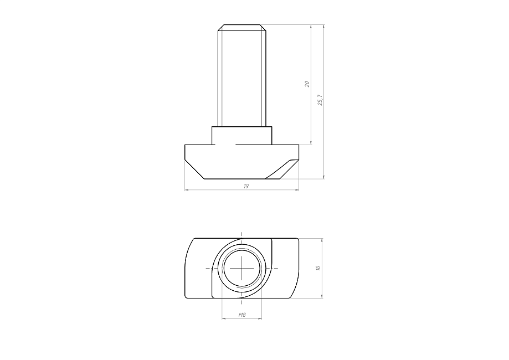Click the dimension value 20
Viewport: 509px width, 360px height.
[x=307, y=84]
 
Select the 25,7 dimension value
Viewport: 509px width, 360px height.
[x=320, y=100]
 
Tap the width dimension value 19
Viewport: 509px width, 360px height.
[x=246, y=186]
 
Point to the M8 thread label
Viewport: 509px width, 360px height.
[x=242, y=315]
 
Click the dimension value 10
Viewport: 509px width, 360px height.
[x=318, y=268]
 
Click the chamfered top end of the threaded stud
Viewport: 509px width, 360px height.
[x=242, y=28]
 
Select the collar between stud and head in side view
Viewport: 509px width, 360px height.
[x=242, y=136]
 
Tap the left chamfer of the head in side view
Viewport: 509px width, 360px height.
[x=194, y=169]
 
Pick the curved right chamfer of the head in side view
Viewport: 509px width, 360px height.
[x=282, y=169]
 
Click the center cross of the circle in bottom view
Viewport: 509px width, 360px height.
[x=242, y=268]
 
